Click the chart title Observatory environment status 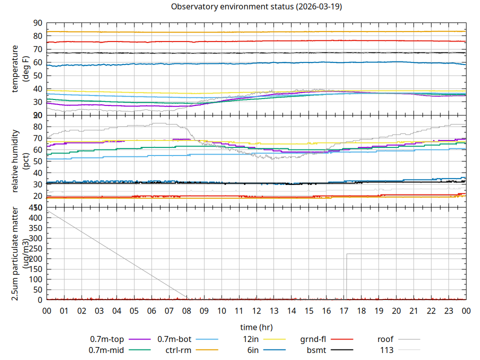tap(256, 6)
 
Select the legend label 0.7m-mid tap(106, 350)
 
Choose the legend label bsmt tap(316, 350)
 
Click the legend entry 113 tap(387, 350)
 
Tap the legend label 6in tap(252, 350)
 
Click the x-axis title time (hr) tap(256, 327)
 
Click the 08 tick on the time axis tap(186, 310)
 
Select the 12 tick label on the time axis tap(256, 310)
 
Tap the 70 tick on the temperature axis tap(37, 49)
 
